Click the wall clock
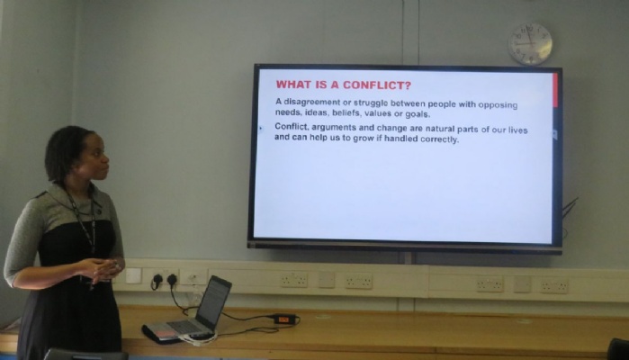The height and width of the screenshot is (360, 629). [x=530, y=44]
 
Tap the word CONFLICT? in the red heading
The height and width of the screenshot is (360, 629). [x=377, y=85]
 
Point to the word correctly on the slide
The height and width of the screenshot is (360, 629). [x=439, y=139]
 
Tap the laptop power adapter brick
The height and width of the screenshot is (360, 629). [x=284, y=319]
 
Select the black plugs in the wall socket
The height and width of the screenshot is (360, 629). [x=165, y=280]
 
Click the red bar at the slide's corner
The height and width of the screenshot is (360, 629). [x=555, y=90]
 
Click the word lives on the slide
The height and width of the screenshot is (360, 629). [x=518, y=130]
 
